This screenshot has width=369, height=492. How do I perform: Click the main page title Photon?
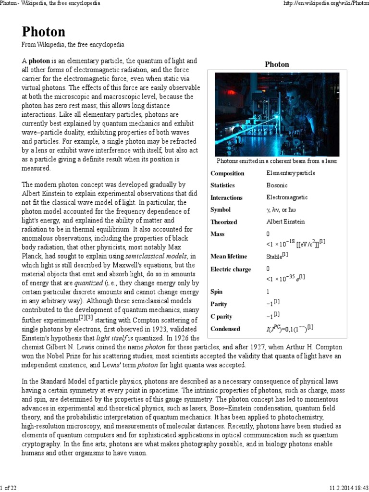tap(43, 32)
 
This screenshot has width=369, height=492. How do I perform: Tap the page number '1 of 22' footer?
tap(9, 488)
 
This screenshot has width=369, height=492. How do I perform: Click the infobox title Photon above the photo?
tap(277, 64)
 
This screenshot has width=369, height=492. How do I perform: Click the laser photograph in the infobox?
tap(277, 114)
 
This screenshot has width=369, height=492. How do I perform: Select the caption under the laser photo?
tap(277, 161)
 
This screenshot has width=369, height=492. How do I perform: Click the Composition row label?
tap(227, 173)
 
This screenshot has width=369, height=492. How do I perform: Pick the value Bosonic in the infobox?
tap(277, 185)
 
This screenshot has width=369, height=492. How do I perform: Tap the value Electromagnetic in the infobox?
tap(287, 197)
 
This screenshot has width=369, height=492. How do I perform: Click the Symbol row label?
tap(221, 210)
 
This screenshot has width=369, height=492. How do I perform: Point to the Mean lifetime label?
tap(229, 257)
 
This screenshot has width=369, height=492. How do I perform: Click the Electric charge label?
tap(231, 269)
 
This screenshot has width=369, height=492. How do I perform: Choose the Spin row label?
tap(217, 292)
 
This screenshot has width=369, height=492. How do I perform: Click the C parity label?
tap(221, 317)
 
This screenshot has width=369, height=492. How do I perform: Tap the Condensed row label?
tap(225, 329)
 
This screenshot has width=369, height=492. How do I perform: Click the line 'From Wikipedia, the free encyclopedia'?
tap(73, 45)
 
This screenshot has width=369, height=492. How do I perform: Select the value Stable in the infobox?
tap(274, 257)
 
